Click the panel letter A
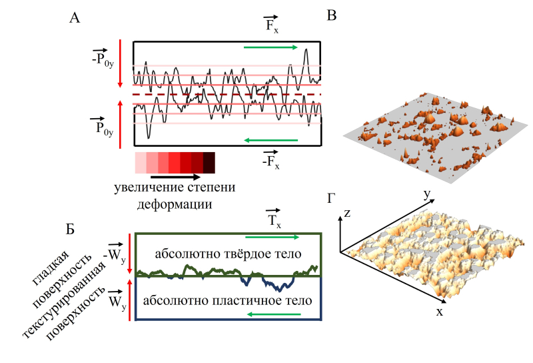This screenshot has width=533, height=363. [x=75, y=19]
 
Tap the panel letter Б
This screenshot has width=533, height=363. [x=70, y=232]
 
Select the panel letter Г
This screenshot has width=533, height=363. [x=331, y=198]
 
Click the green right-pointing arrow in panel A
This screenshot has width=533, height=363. [x=270, y=47]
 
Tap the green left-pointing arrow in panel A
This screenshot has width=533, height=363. [x=270, y=140]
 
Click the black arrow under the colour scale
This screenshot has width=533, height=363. [x=175, y=177]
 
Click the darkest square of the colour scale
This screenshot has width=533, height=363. [x=209, y=162]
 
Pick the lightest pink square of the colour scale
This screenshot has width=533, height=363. [x=141, y=162]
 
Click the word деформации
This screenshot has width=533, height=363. [x=175, y=204]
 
